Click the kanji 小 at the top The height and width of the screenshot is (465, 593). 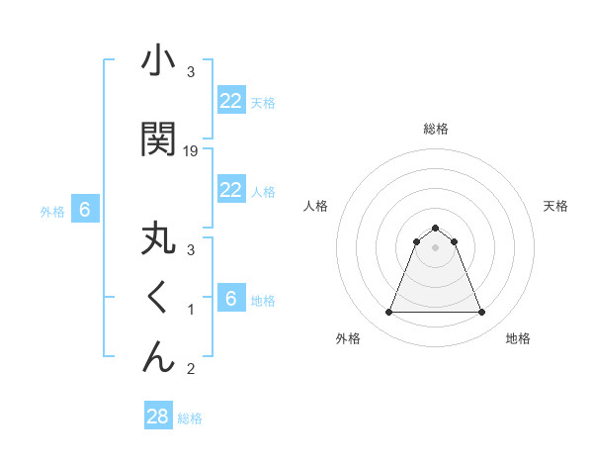point(158,62)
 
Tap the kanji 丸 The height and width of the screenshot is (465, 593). point(158,240)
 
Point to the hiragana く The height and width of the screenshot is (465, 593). point(158,298)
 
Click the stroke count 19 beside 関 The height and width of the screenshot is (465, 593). point(192,150)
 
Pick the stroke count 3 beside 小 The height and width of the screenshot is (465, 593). point(191,72)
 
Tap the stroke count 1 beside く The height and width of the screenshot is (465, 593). point(191,310)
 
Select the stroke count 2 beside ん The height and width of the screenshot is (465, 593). point(191,369)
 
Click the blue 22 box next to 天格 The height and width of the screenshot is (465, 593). point(231,101)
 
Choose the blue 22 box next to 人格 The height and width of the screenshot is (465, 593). point(231,190)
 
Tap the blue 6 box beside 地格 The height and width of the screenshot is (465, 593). point(231,299)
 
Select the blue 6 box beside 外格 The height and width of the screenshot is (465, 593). point(85,210)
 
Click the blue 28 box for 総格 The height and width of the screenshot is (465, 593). point(158,417)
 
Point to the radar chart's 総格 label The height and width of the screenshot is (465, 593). point(435,129)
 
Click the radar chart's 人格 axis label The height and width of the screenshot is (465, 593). point(316,206)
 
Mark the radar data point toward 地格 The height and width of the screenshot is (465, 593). point(481,313)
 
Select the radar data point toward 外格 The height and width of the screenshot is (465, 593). point(388,313)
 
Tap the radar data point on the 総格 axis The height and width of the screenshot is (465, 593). point(435,228)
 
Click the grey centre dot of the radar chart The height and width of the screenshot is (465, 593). point(435,247)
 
